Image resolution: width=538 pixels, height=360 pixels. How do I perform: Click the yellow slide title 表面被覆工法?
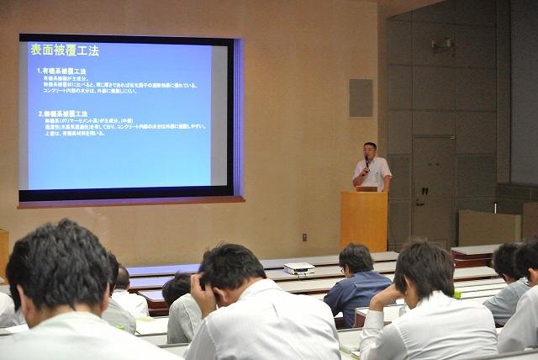point(66,50)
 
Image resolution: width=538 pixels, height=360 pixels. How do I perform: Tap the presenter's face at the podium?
point(370,151)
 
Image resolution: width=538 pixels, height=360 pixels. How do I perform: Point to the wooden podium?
point(364,220)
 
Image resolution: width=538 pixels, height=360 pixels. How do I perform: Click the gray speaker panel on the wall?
point(361,98)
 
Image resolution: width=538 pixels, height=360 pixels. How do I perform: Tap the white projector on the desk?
point(299,268)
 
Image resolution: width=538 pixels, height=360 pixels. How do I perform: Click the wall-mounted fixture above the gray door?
point(442,43)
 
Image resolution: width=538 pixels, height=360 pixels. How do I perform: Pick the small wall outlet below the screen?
point(304,236)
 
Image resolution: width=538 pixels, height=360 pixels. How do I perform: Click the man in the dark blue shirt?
point(357,286)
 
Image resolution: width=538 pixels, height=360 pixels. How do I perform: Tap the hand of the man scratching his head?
point(200,286)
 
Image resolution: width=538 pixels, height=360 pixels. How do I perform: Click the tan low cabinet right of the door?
point(488,228)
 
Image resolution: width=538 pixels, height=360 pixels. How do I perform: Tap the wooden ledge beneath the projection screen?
point(130,201)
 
